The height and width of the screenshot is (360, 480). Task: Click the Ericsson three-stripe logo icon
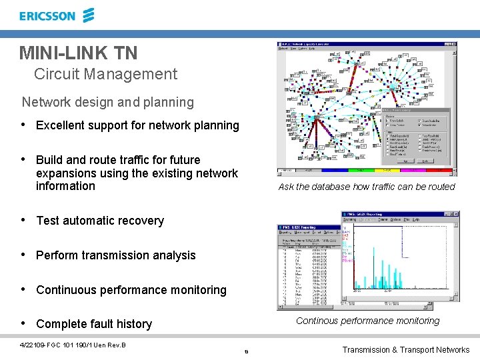coord(88,15)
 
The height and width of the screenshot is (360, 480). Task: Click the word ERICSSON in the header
coord(47,16)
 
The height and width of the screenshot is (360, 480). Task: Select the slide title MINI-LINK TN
coord(79,52)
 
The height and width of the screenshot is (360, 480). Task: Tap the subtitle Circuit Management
coord(105,74)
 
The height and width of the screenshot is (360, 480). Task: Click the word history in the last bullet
coord(133,324)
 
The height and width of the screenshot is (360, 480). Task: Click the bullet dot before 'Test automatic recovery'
coord(23,220)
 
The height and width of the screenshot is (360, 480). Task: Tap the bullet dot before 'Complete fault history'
coord(23,323)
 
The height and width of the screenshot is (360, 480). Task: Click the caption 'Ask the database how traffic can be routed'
coord(366,187)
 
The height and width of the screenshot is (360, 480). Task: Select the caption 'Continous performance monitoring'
coord(367,321)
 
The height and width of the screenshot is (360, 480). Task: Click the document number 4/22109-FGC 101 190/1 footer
coord(73,345)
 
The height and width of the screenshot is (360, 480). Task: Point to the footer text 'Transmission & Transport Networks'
coord(405,349)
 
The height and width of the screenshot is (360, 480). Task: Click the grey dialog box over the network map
coord(417,139)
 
